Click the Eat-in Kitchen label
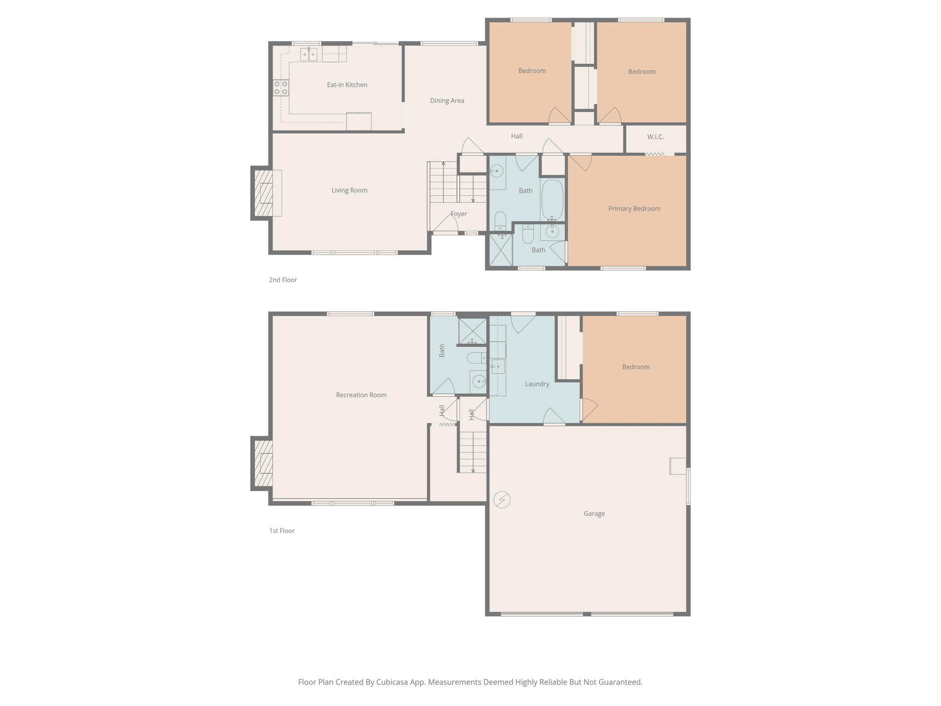point(347,85)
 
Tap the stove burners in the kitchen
point(281,88)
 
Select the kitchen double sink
point(309,55)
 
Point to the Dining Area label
point(447,100)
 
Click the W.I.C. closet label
point(655,137)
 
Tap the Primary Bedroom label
point(634,208)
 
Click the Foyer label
point(459,214)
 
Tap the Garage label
point(594,513)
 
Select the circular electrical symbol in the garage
point(502,500)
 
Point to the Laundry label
point(537,384)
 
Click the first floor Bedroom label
point(635,367)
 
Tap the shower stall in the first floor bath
point(472,331)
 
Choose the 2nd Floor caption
point(283,280)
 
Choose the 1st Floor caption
point(282,530)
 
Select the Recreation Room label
point(361,395)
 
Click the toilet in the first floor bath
point(476,358)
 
